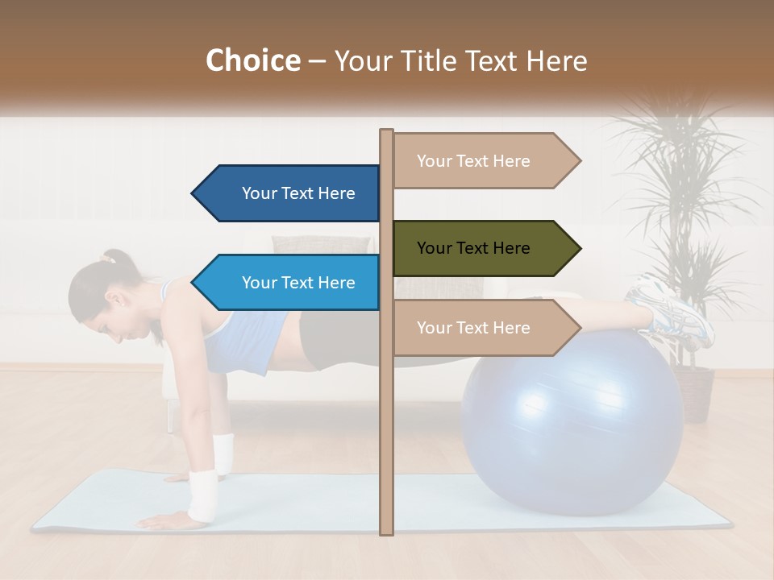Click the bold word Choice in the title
252,60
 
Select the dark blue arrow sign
290,193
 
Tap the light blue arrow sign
290,283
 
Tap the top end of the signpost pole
386,133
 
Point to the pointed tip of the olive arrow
579,248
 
